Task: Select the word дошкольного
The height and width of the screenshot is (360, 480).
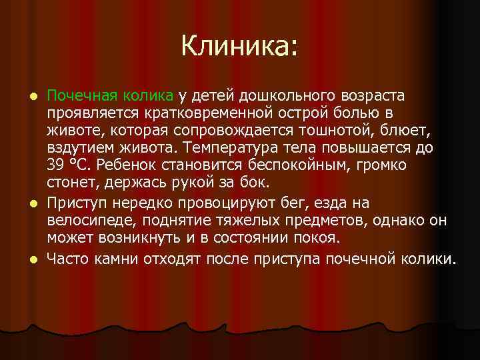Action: (x=279, y=95)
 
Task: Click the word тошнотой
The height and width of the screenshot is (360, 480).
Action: (x=320, y=129)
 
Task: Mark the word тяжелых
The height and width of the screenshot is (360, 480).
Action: (x=262, y=220)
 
